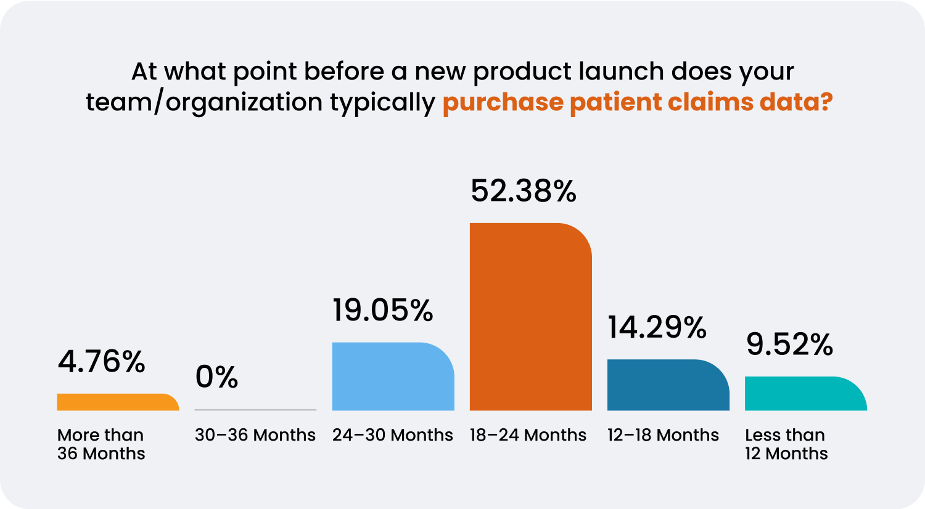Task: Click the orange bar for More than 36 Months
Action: [x=117, y=402]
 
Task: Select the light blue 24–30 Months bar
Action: [x=393, y=377]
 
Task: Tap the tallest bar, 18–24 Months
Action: [x=530, y=317]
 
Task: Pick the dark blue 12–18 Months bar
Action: [x=668, y=385]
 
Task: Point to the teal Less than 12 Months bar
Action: [x=805, y=394]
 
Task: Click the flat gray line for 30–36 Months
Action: [x=255, y=410]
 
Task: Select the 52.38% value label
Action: [x=524, y=191]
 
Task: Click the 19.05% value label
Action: [x=383, y=311]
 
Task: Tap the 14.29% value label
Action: [x=657, y=327]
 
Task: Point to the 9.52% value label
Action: [x=789, y=344]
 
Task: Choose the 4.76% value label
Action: [x=102, y=362]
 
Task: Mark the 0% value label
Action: [x=216, y=377]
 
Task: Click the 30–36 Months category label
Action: [x=255, y=435]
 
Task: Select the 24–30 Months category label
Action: [x=393, y=435]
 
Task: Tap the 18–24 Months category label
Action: [x=528, y=435]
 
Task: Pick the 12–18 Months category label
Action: [x=663, y=435]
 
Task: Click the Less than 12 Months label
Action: [x=786, y=444]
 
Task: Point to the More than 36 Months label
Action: [x=101, y=444]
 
